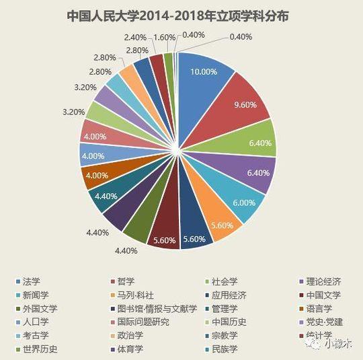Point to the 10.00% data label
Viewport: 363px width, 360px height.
click(204, 71)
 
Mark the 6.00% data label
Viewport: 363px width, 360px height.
click(243, 203)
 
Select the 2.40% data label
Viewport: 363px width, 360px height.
click(135, 37)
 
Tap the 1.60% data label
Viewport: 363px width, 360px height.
click(164, 37)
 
